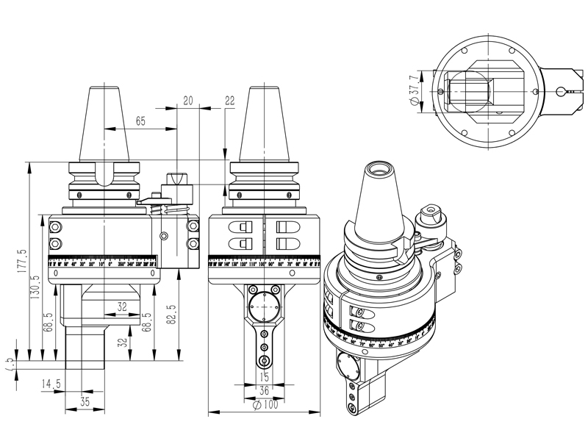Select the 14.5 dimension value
point(50,383)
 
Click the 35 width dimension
point(85,402)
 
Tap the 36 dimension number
point(263,391)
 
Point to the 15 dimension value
point(263,377)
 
